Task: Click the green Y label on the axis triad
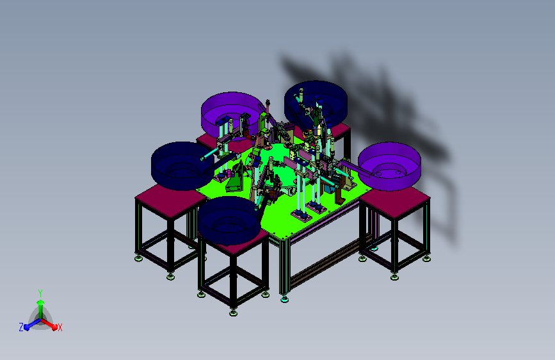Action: pos(40,293)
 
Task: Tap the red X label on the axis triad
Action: pos(60,327)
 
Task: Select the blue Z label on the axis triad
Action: pos(21,327)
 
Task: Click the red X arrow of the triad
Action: pos(49,324)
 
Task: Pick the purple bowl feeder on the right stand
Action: pos(389,166)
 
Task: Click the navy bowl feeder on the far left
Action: pos(182,166)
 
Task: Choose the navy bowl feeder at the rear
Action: pos(316,103)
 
